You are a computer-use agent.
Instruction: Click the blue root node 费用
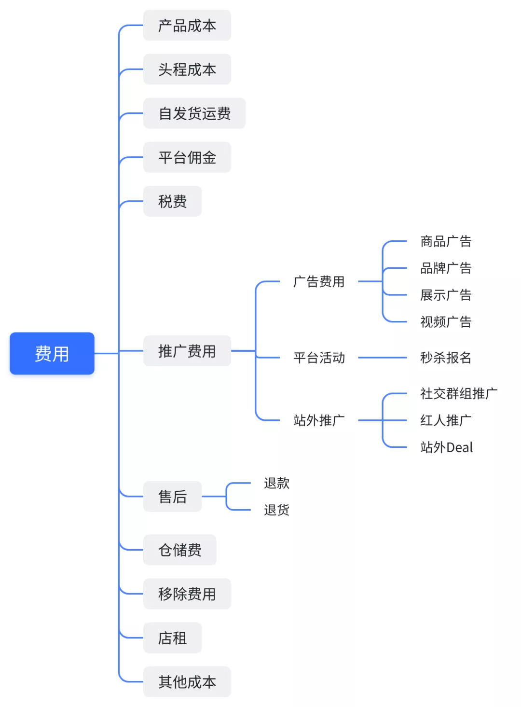tap(52, 353)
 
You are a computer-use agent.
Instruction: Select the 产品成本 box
tap(187, 26)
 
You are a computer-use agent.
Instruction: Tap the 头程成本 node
tap(187, 69)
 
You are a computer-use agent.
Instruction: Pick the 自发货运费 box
tap(194, 113)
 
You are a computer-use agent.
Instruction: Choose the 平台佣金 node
tap(187, 157)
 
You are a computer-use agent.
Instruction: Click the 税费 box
tap(172, 201)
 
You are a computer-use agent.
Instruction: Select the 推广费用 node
tap(187, 351)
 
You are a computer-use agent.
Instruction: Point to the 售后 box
tap(172, 497)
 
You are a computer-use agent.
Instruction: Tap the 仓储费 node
tap(179, 550)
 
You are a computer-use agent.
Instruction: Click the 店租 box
tap(172, 638)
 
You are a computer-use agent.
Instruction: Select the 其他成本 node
tap(187, 682)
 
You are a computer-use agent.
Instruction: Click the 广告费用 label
tap(319, 281)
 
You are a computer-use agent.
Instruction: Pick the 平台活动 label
tap(319, 358)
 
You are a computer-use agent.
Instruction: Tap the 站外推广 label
tap(319, 420)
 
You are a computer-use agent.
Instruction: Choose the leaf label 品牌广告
tap(446, 268)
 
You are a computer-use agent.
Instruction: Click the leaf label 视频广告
tap(446, 322)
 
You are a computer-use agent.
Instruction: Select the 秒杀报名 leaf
tap(446, 358)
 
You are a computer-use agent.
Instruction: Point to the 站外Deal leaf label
tap(446, 447)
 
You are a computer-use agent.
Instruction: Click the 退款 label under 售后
tap(276, 483)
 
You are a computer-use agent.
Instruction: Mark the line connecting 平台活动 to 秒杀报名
tap(382, 358)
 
